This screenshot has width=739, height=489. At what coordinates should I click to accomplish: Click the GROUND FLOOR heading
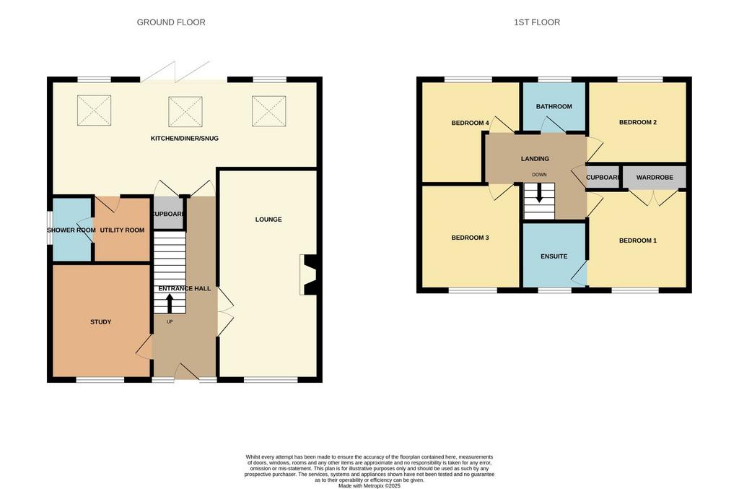click(171, 22)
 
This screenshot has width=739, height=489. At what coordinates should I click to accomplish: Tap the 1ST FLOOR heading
click(537, 22)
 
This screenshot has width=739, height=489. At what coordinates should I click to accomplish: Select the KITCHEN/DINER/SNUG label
click(184, 138)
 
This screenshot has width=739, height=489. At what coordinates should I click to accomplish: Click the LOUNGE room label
click(268, 220)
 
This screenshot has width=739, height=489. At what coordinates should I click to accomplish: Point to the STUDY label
click(101, 322)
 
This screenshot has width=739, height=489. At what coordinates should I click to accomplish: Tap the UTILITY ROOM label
click(122, 230)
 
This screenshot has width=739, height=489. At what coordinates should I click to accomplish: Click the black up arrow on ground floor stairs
click(170, 303)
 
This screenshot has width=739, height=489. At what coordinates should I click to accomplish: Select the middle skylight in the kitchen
click(185, 112)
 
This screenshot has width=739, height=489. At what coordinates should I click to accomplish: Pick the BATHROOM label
click(554, 107)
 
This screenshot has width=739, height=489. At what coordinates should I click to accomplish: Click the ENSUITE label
click(554, 256)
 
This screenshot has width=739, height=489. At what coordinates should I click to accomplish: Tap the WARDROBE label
click(655, 177)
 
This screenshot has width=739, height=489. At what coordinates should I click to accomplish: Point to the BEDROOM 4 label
click(470, 123)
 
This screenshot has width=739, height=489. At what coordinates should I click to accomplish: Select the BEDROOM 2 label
click(638, 122)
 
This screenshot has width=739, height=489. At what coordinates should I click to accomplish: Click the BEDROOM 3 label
click(470, 238)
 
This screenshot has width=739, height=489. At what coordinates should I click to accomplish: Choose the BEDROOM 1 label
click(638, 241)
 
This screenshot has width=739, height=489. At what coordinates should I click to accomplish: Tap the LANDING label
click(535, 159)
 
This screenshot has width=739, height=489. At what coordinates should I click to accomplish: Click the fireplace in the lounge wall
click(308, 275)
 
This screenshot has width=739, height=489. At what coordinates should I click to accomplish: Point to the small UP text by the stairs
click(170, 321)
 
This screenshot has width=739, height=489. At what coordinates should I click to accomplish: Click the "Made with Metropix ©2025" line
click(369, 485)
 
